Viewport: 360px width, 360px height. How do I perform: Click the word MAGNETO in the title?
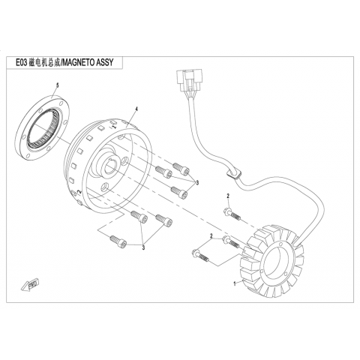(x=79, y=62)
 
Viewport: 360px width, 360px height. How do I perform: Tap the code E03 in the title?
(x=21, y=62)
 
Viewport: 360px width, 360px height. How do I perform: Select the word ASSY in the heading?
(x=105, y=62)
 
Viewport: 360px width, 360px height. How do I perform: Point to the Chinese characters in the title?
(x=44, y=62)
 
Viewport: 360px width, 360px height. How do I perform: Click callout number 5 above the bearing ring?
(x=58, y=85)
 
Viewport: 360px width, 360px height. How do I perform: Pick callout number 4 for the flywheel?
(x=136, y=109)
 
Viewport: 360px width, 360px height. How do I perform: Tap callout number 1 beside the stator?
(x=235, y=283)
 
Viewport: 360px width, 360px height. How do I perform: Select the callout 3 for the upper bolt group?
(x=197, y=183)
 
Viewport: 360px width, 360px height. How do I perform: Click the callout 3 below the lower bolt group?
(x=143, y=247)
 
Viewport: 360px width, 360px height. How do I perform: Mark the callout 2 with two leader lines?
(x=211, y=235)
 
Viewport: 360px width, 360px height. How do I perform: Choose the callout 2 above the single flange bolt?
(x=228, y=196)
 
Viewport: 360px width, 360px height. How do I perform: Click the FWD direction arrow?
(x=30, y=285)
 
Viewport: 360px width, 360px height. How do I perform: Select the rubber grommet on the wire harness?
(x=234, y=173)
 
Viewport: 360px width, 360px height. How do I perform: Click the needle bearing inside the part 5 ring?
(x=43, y=128)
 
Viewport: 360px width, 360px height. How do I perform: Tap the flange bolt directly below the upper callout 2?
(x=232, y=214)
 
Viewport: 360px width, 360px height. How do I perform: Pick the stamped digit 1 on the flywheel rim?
(x=115, y=127)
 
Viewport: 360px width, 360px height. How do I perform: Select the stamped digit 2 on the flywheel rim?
(x=79, y=192)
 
